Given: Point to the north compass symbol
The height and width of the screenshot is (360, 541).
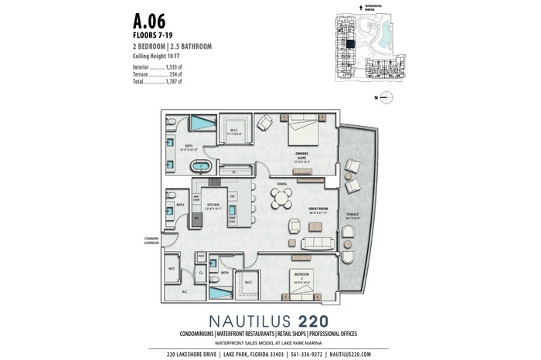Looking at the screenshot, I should click(388, 97).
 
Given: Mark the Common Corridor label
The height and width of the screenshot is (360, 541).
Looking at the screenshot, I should click(150, 240).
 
